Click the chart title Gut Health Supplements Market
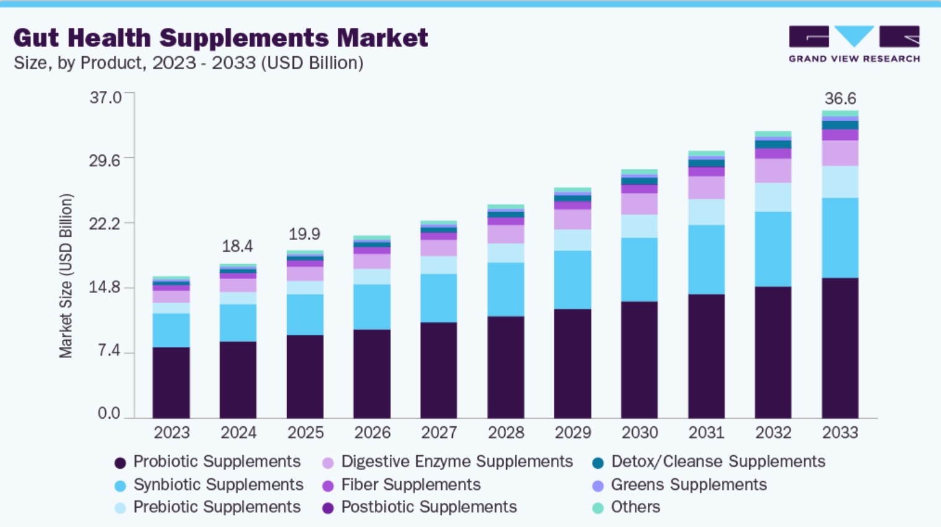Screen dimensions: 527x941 point(220,38)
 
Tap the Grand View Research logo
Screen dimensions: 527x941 point(854,44)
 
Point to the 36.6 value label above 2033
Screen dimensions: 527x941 point(840,98)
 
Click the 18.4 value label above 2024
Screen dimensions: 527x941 point(238,246)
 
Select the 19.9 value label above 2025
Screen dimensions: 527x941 point(304,234)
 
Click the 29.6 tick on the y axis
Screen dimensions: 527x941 point(105,160)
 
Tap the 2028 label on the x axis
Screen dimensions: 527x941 point(505,432)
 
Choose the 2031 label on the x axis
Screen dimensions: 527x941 point(706,432)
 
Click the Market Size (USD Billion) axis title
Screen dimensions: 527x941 point(66,276)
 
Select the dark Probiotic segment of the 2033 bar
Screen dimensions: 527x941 point(840,348)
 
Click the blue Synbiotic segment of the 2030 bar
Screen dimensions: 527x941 point(639,270)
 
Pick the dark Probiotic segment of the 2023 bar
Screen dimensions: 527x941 point(171,382)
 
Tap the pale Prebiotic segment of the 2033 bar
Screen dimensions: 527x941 point(840,182)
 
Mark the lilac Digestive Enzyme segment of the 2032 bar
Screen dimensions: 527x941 point(773,171)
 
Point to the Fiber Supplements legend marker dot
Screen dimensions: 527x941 point(328,486)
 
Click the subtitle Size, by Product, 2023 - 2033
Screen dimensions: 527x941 point(188,63)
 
